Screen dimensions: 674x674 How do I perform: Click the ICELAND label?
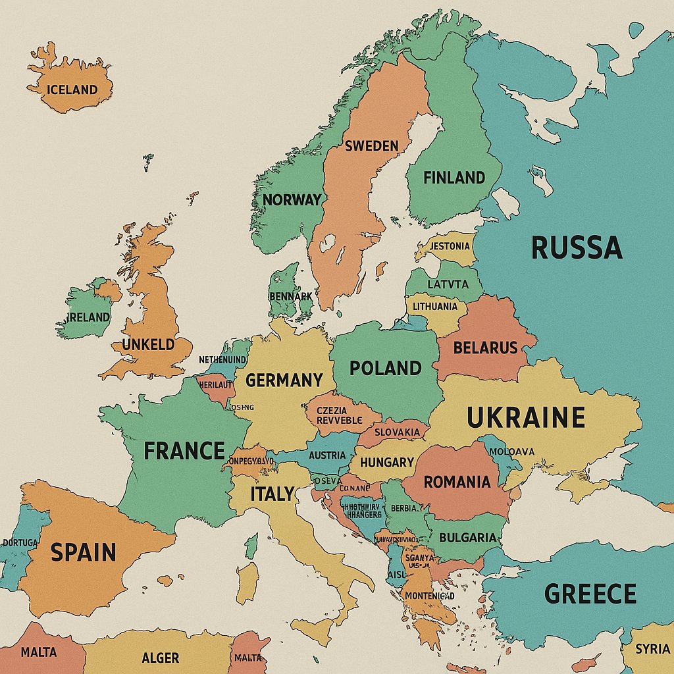tap(72, 90)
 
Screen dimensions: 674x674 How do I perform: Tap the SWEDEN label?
tap(372, 145)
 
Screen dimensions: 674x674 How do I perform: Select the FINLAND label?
tap(454, 178)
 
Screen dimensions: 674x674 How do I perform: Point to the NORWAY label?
tap(292, 199)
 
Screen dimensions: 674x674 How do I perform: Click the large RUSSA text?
tap(576, 248)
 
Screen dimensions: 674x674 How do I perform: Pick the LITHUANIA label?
tap(434, 306)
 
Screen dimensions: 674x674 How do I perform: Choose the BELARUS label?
tap(486, 348)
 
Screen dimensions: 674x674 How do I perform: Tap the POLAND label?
tap(385, 368)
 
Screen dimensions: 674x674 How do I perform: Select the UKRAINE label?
tap(526, 417)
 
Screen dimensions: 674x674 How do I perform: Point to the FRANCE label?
tap(184, 451)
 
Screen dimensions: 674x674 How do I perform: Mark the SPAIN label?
tap(84, 552)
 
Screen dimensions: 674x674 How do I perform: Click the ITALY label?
tap(272, 494)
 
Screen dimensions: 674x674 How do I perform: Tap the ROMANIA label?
tap(457, 482)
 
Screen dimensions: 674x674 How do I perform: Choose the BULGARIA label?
tap(467, 537)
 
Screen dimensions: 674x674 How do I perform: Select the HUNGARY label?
tap(387, 462)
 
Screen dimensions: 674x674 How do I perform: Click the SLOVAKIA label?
tap(397, 432)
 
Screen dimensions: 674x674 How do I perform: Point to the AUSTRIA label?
tap(327, 455)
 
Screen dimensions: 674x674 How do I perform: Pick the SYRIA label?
tap(652, 649)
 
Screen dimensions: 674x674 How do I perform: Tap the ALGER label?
tap(160, 658)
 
